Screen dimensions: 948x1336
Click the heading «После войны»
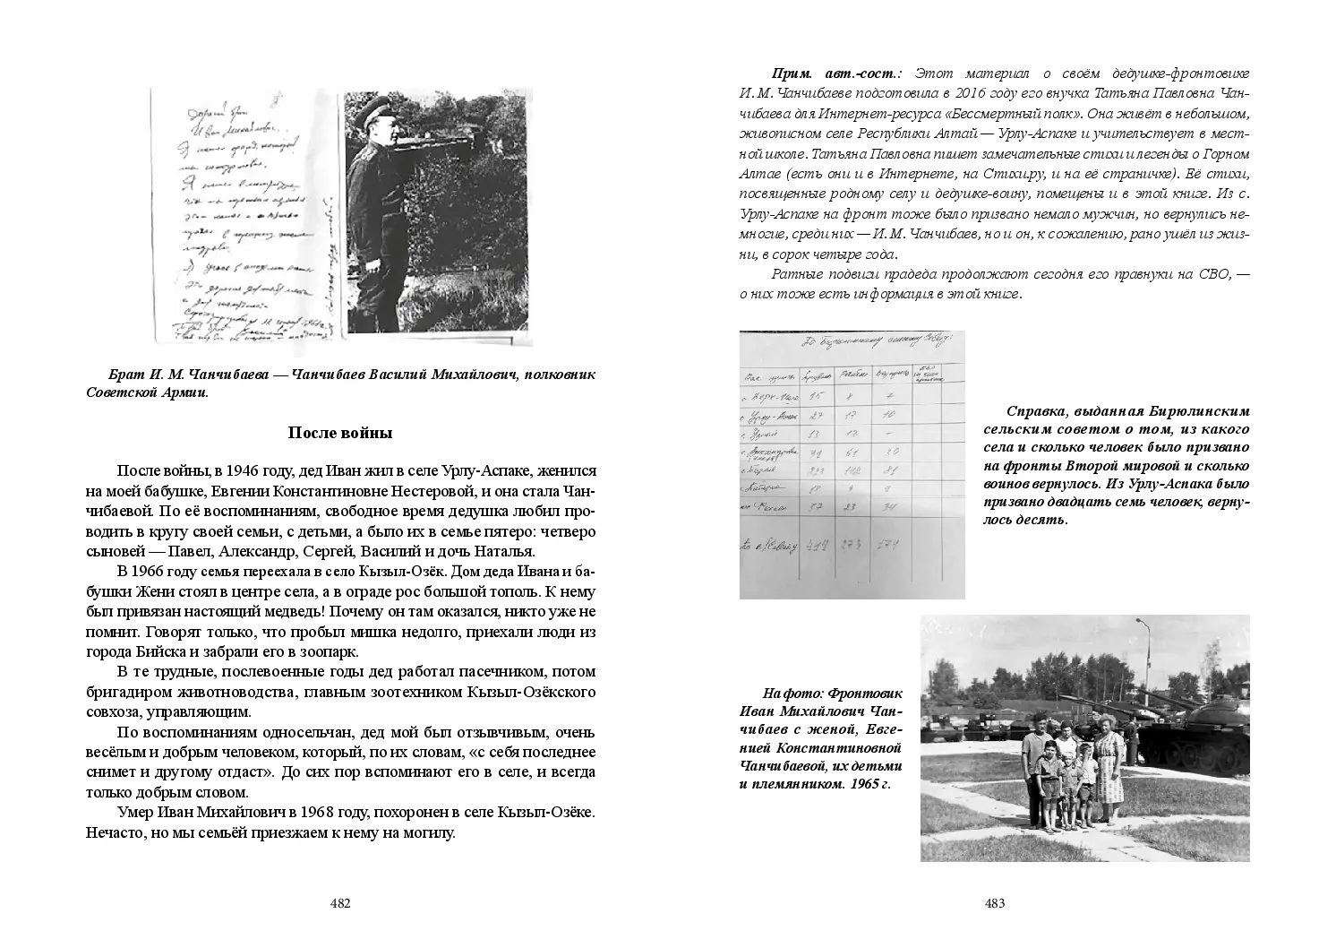[x=340, y=434]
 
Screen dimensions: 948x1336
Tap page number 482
[x=340, y=903]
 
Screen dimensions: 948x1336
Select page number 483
[x=995, y=903]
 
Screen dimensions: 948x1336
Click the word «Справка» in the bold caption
[x=1037, y=411]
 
